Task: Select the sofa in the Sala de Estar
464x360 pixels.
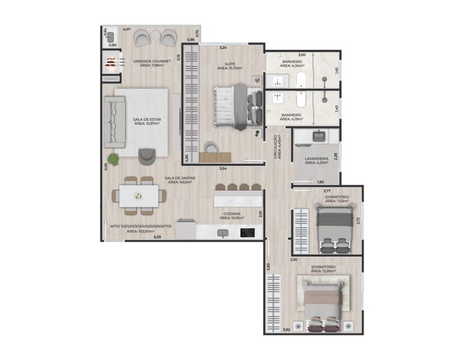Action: [115, 122]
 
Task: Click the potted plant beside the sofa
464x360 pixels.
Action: [113, 159]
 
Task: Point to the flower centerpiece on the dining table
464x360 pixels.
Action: [138, 196]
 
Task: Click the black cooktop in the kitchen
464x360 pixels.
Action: [247, 233]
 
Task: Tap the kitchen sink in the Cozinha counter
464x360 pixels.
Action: [222, 234]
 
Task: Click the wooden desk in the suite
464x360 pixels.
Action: [215, 157]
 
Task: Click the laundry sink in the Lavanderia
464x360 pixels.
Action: [319, 136]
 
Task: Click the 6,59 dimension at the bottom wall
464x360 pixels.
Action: [157, 237]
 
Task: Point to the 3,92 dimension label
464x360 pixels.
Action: [286, 330]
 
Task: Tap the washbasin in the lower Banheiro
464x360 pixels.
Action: [277, 98]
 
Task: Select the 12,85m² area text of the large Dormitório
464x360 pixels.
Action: [324, 271]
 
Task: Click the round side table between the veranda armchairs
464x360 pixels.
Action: [155, 36]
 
